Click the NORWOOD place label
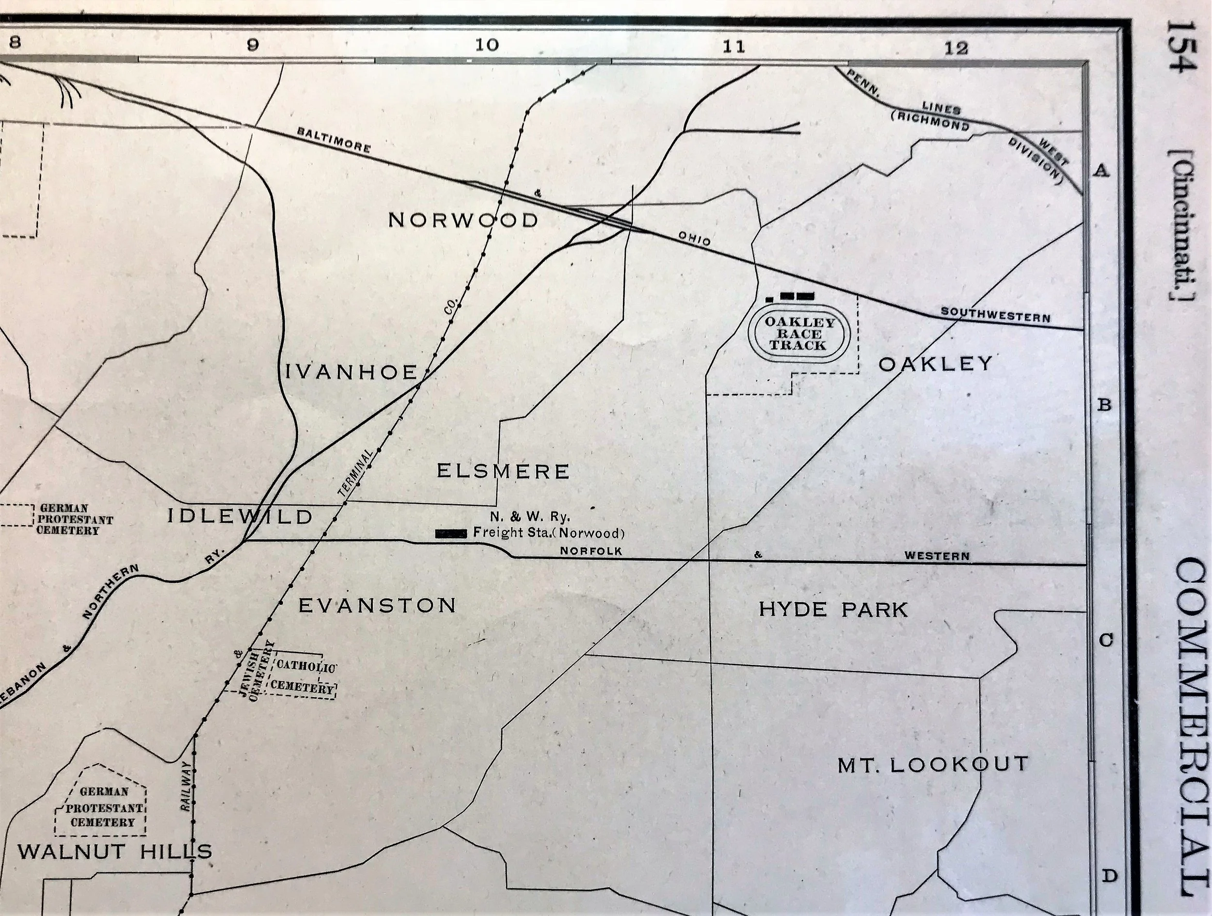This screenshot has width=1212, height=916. [463, 220]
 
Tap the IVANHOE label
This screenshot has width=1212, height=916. [352, 372]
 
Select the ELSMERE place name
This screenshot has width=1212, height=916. [503, 471]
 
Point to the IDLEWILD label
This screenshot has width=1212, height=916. [239, 516]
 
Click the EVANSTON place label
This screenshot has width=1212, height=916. [378, 605]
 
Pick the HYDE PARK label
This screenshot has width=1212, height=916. [833, 610]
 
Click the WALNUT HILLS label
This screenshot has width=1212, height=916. [115, 852]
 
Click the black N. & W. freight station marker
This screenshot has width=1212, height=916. [450, 533]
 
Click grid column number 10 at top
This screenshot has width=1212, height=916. [487, 45]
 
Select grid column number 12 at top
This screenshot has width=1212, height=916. [956, 48]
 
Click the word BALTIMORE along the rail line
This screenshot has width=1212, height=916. [334, 140]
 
